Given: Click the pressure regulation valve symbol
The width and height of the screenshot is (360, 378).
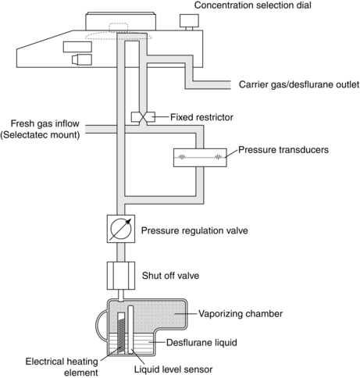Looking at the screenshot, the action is tap(121, 229).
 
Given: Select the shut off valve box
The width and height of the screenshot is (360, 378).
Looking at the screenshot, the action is tap(121, 276).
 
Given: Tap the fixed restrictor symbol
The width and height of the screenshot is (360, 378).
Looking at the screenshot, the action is tap(143, 117).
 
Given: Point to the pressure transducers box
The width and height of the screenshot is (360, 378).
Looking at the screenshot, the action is tap(200, 157).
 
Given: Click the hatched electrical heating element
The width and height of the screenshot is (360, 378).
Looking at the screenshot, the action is tap(122, 333).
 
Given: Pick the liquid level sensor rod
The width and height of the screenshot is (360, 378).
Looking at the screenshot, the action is tap(130, 330).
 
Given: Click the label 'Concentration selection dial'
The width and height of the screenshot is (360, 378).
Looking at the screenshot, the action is tap(253, 5).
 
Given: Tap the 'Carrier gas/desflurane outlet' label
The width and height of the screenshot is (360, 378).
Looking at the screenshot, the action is tap(299, 84).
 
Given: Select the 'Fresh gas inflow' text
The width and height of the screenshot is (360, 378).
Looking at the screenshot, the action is tap(45, 123).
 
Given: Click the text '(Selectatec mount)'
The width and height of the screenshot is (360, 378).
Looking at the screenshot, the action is tap(40, 135).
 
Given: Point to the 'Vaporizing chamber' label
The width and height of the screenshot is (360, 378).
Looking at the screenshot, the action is tap(241, 314).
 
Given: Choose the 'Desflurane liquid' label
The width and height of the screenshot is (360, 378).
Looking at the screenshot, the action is tap(201, 342).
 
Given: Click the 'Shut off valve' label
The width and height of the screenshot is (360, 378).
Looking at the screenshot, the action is tap(170, 276).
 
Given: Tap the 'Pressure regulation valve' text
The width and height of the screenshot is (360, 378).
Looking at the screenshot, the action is tap(194, 230).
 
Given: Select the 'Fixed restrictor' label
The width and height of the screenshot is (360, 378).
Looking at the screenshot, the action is tap(201, 117).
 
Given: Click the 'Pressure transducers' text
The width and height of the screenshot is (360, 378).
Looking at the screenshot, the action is tap(283, 150).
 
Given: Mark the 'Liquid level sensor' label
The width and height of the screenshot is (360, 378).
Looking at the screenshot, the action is tap(173, 369).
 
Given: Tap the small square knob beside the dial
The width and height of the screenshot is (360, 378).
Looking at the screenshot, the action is tap(189, 22).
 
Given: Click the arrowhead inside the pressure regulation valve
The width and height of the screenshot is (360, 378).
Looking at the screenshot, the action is tap(127, 222).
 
